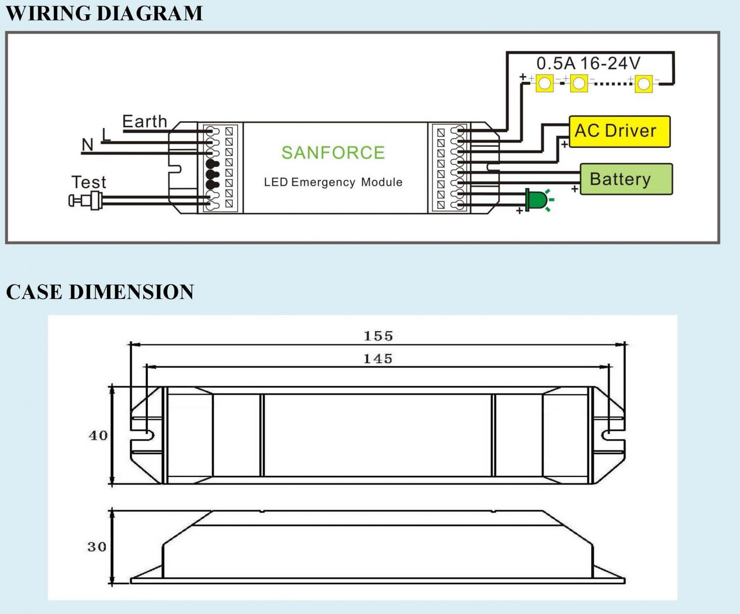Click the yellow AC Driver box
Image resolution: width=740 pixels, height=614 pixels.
point(619,131)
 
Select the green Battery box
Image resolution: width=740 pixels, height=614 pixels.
point(625,179)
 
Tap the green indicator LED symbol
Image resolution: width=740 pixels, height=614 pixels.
point(535,200)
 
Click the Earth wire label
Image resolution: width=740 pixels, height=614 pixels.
point(145,122)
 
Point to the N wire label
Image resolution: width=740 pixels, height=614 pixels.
point(87,145)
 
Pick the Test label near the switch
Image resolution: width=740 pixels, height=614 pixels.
point(88,182)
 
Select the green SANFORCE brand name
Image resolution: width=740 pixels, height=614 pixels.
point(333,152)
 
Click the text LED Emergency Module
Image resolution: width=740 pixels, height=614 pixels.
point(333,182)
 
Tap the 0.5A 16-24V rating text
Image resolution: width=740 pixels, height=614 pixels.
point(588,63)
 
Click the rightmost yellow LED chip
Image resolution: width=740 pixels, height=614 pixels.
point(643,83)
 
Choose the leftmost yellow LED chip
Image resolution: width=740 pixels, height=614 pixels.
point(545,83)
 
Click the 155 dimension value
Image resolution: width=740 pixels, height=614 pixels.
point(378,336)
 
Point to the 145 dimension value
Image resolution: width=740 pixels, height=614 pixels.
point(378,359)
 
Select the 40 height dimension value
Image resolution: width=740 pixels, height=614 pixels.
point(98,435)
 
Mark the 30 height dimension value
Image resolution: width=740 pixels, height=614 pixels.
point(97,546)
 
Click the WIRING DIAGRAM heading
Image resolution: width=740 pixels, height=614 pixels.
point(104,13)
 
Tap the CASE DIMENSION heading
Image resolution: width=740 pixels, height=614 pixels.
point(100,292)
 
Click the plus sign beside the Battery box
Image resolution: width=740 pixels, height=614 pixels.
point(575,189)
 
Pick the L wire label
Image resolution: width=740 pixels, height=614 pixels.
point(106,135)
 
